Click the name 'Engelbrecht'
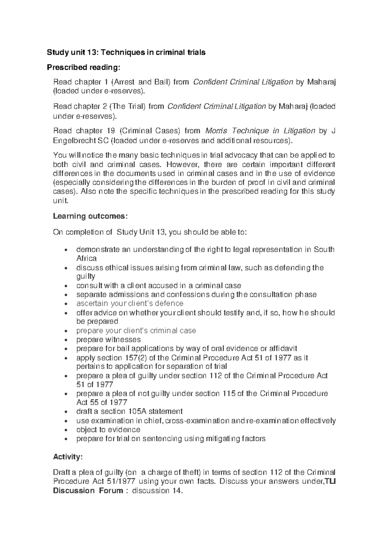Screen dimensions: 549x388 click(x=72, y=140)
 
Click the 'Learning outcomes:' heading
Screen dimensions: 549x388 click(x=90, y=216)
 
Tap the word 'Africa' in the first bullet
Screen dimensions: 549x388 click(x=86, y=258)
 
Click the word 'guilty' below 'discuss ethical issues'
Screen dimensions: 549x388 click(x=86, y=276)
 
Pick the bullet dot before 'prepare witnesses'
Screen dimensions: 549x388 click(x=66, y=340)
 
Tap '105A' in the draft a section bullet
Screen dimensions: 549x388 click(x=137, y=412)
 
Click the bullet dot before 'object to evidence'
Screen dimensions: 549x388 click(x=66, y=430)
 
